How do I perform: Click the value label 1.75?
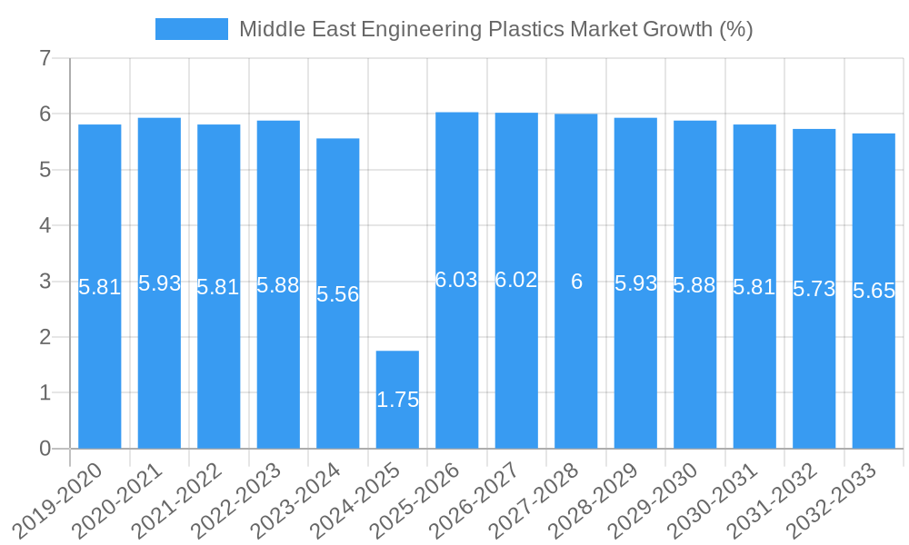tap(397, 400)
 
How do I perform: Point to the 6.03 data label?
tap(456, 280)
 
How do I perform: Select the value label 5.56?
tap(338, 294)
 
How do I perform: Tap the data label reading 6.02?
tap(516, 280)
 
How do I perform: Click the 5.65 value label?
tap(874, 291)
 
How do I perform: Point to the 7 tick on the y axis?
tap(45, 58)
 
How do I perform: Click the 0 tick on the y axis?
tap(45, 449)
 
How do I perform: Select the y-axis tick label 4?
tap(45, 225)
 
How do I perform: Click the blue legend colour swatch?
tap(191, 29)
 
